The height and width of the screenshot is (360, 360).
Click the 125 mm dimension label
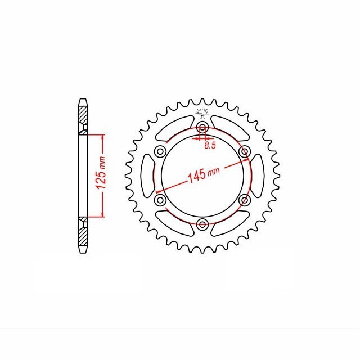pos(101,173)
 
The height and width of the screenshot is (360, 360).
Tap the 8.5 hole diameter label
pos(210,145)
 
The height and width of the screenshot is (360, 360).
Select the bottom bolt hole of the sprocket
pos(202,224)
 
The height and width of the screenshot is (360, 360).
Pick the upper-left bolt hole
pos(160,151)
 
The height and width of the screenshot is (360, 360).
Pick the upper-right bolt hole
pos(245,151)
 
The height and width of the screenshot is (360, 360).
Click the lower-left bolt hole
pos(160,200)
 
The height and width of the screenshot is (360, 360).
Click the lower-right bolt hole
pos(245,200)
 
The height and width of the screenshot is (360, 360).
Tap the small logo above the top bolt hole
pos(202,112)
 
